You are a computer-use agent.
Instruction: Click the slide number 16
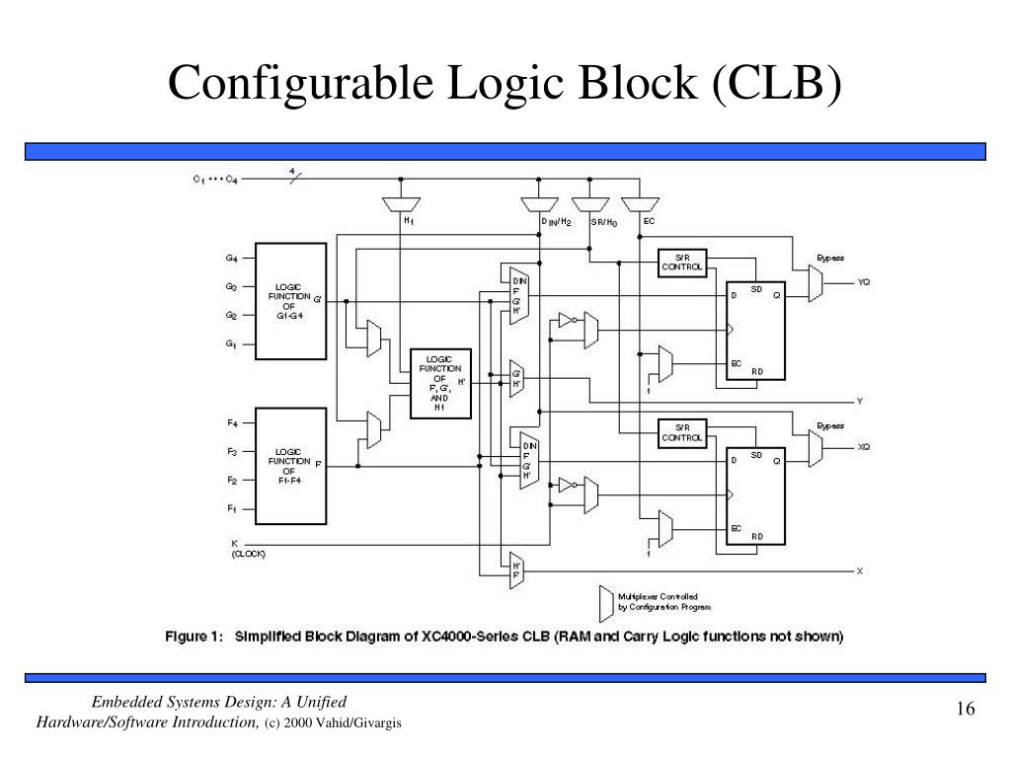click(965, 711)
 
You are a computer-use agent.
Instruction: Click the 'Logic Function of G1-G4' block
click(291, 301)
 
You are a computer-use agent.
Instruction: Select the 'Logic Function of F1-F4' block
click(291, 466)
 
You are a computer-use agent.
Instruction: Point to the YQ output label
click(864, 282)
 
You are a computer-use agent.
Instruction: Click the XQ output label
click(864, 447)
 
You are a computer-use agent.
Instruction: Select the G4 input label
click(231, 259)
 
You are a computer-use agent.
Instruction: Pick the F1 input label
click(231, 508)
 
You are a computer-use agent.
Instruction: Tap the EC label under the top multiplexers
click(649, 222)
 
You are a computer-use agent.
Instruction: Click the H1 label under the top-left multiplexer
click(408, 222)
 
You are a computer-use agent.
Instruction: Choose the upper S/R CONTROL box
click(682, 262)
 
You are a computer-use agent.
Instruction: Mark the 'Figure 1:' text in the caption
click(195, 637)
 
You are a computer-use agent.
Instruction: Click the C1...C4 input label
click(215, 179)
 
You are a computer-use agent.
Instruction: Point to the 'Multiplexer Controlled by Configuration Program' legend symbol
click(604, 600)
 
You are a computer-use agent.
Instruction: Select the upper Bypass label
click(829, 257)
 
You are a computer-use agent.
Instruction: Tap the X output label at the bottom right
click(860, 570)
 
